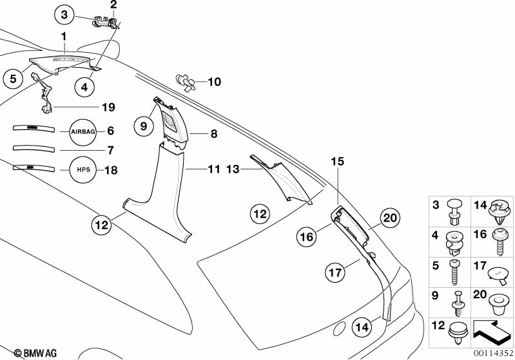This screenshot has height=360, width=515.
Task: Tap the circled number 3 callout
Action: tap(65, 14)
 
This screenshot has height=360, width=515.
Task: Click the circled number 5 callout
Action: tap(12, 79)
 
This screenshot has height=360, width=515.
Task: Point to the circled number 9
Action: tap(144, 127)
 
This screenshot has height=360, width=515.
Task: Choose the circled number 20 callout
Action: tap(390, 218)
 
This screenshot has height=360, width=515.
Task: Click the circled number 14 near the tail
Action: tap(363, 327)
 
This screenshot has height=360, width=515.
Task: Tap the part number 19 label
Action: tap(108, 106)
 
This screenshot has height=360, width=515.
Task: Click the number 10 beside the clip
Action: tap(214, 82)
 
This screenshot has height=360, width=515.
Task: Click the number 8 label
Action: tap(214, 135)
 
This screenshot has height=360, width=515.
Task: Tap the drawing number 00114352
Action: tap(492, 353)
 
